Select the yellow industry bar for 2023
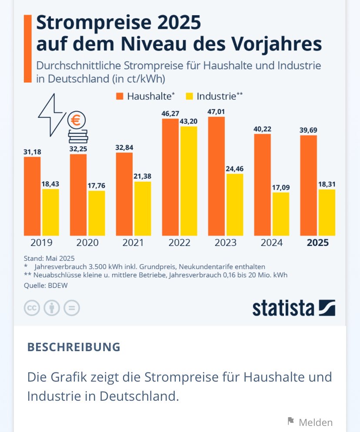(235, 205)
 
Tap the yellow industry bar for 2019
(50, 212)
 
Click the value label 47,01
(216, 112)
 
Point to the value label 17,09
(281, 188)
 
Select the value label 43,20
(189, 122)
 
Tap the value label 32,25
(78, 149)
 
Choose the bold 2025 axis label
(317, 243)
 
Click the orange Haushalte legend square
(120, 96)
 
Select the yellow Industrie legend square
(190, 96)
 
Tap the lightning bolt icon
(52, 114)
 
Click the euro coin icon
(77, 120)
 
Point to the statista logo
(293, 308)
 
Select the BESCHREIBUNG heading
(73, 347)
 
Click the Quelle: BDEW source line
(42, 286)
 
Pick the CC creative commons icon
(32, 308)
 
